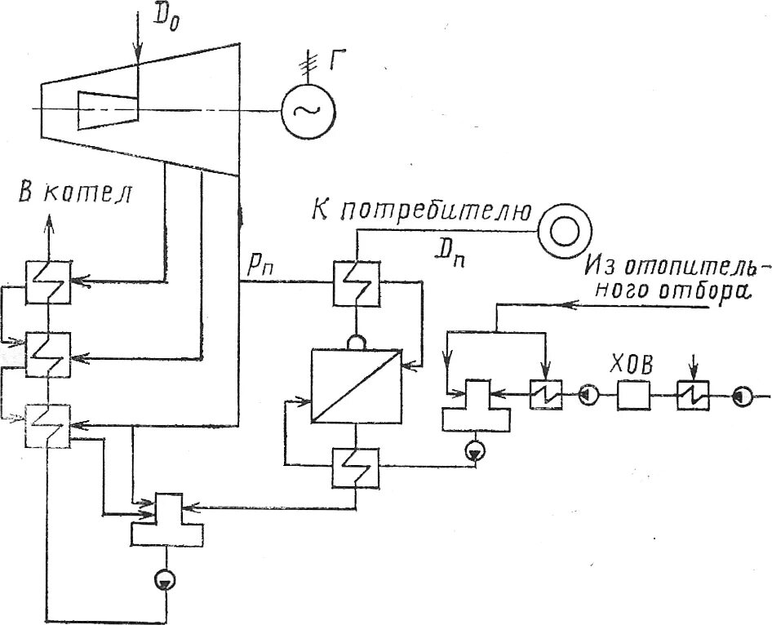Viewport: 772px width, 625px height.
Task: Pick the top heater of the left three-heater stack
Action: (49, 281)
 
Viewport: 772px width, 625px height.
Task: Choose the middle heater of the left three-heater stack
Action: (49, 352)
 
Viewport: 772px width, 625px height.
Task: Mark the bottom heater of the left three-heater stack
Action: (49, 424)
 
